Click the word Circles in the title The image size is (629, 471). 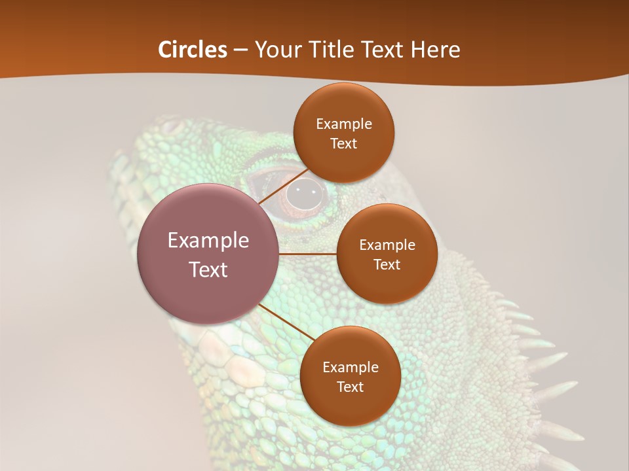click(x=193, y=50)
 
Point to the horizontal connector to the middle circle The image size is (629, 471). click(x=307, y=254)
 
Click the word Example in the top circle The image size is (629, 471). click(x=343, y=124)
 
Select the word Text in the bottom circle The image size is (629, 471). click(x=350, y=387)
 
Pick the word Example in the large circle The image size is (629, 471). click(x=208, y=241)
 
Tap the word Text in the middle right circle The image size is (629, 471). click(x=387, y=265)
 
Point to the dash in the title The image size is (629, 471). click(x=240, y=50)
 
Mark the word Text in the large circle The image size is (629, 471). click(x=208, y=270)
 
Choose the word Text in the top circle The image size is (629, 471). click(x=343, y=144)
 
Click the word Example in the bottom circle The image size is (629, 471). click(x=350, y=368)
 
